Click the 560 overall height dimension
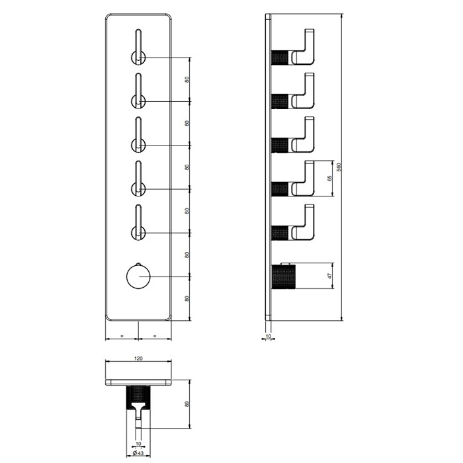click(339, 167)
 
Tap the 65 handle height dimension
click(330, 179)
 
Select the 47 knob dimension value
click(330, 276)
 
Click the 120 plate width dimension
click(138, 358)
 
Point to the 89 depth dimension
click(187, 403)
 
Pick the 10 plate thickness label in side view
click(268, 336)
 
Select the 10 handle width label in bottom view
click(138, 444)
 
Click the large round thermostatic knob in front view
click(138, 276)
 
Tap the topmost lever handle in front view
click(138, 47)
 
